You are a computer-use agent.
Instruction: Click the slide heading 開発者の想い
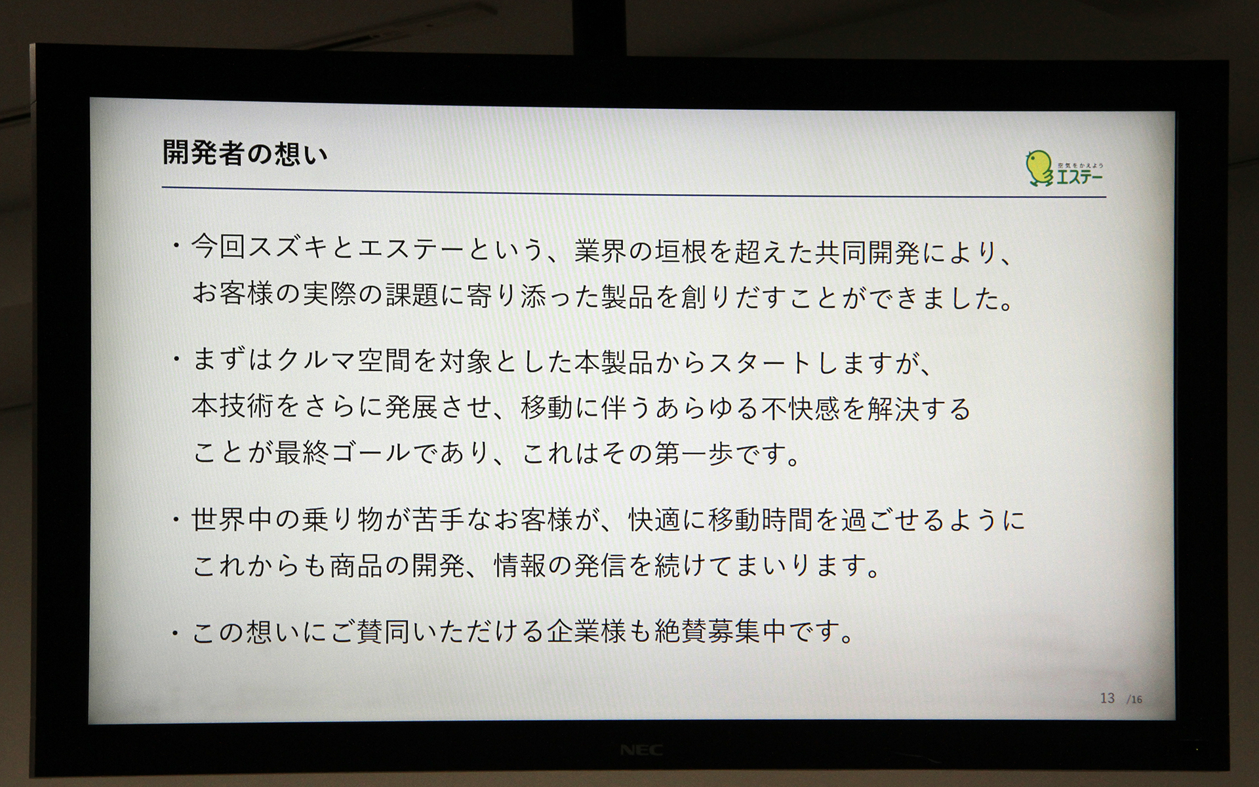[245, 154]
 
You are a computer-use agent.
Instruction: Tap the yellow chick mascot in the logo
[1038, 168]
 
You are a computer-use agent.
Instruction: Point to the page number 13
[1108, 698]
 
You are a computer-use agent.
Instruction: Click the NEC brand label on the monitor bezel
[641, 750]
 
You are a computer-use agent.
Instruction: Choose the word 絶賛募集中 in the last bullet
[721, 632]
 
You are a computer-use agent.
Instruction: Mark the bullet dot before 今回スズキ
[176, 247]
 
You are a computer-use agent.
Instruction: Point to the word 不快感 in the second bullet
[800, 409]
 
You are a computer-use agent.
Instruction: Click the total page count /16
[1134, 700]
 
